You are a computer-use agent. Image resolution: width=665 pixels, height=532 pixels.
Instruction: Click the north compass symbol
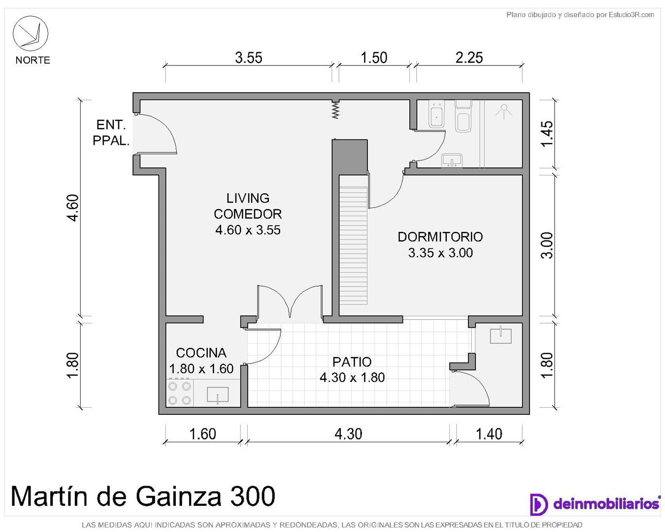30,33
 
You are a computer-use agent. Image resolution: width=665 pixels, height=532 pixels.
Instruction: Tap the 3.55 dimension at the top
248,58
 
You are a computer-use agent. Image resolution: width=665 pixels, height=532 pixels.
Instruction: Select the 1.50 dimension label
374,58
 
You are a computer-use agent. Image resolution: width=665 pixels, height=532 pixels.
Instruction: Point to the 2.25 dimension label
469,58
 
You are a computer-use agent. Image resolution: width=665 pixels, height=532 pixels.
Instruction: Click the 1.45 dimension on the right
547,133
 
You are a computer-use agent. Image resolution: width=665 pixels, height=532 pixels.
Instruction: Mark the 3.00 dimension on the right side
547,245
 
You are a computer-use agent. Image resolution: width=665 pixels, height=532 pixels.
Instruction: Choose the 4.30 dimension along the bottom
348,434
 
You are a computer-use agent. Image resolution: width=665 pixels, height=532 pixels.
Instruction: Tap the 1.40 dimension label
489,434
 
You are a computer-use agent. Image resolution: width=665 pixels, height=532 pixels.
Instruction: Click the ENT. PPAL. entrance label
111,133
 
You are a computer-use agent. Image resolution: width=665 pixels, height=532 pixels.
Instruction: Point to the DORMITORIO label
440,237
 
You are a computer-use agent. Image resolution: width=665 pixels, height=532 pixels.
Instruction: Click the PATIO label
352,362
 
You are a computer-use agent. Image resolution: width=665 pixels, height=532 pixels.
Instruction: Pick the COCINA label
201,353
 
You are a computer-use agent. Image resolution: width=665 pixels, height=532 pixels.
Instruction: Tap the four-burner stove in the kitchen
179,393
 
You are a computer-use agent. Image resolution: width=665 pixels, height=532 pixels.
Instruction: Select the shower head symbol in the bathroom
504,111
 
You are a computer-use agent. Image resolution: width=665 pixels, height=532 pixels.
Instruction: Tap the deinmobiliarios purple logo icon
538,504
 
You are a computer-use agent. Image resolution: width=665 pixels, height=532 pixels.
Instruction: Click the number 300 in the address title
253,496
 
